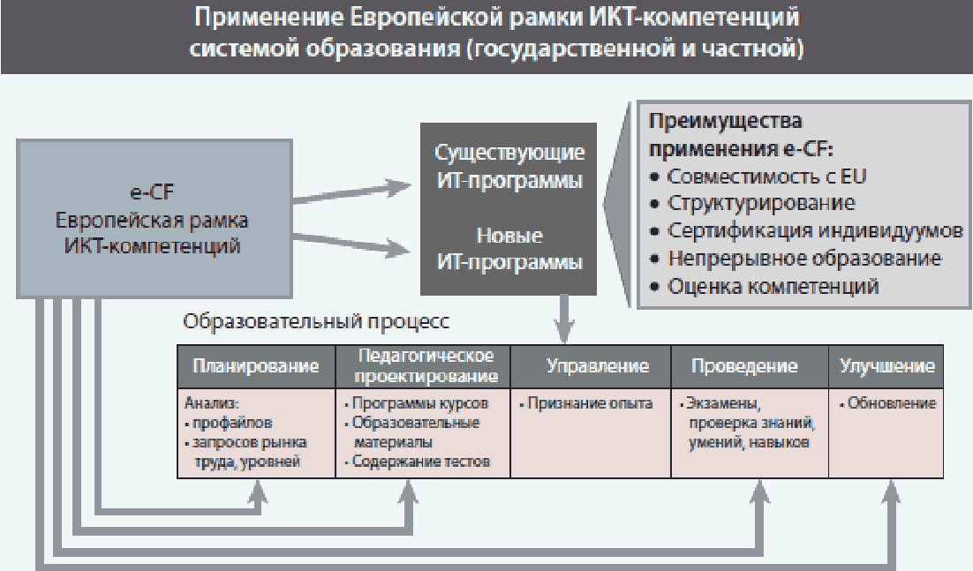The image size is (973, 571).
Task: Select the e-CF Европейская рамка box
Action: (155, 219)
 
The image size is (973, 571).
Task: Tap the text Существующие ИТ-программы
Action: (509, 166)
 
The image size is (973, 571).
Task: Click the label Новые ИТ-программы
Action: (509, 249)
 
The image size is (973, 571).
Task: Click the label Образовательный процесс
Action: (316, 321)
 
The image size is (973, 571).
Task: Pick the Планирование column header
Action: (256, 366)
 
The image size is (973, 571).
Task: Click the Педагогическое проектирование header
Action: (426, 365)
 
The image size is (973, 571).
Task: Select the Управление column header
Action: (598, 365)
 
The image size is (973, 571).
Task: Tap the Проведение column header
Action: (744, 365)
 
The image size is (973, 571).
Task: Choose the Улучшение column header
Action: (886, 365)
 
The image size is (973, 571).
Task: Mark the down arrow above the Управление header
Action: (563, 319)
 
